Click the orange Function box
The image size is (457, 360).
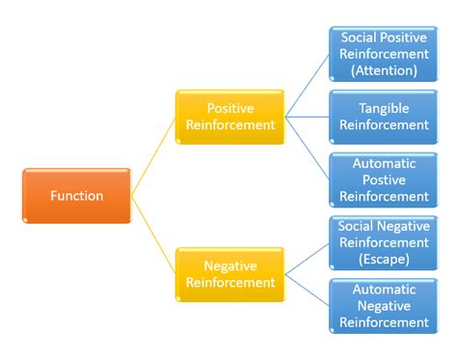pyautogui.click(x=76, y=196)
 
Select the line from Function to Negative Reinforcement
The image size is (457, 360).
pyautogui.click(x=153, y=235)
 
